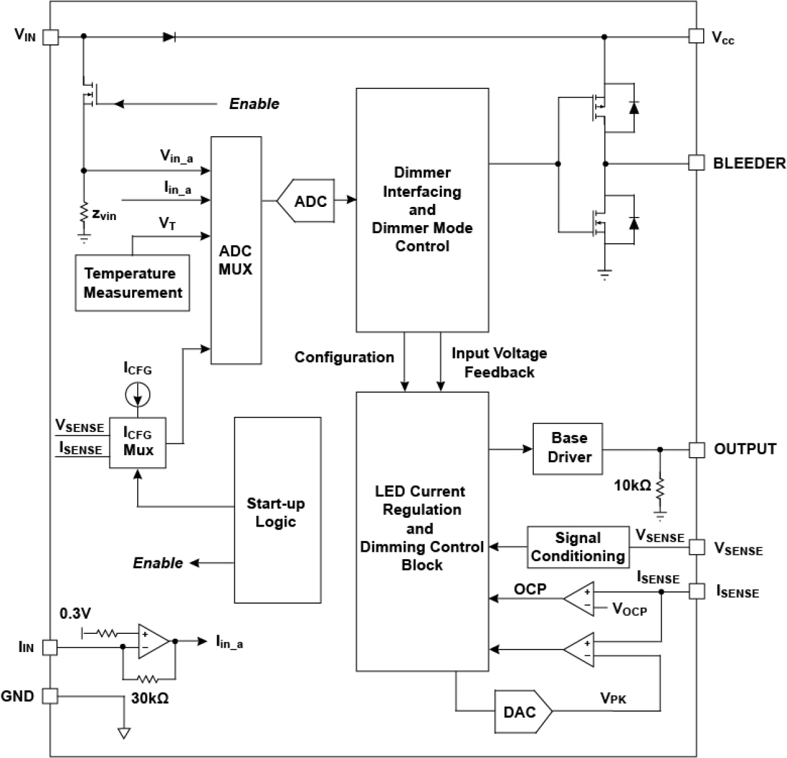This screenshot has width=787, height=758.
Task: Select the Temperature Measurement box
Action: [132, 283]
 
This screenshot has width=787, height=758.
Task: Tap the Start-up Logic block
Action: [277, 510]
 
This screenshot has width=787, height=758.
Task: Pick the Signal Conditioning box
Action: [578, 547]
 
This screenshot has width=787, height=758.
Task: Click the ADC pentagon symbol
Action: [306, 201]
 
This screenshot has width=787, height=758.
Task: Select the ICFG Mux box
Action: [138, 442]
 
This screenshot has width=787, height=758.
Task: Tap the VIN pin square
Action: [50, 37]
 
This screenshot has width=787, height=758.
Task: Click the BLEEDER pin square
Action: [696, 163]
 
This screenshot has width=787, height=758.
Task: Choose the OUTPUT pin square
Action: [696, 450]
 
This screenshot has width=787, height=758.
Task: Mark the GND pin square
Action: [50, 696]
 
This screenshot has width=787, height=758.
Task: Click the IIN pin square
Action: [50, 648]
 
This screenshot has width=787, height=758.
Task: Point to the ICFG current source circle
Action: [137, 394]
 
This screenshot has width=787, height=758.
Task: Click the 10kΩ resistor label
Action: [632, 485]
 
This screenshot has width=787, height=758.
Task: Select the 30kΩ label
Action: [150, 698]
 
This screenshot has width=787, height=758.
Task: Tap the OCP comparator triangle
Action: [580, 599]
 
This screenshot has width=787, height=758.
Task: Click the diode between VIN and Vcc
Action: [169, 37]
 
